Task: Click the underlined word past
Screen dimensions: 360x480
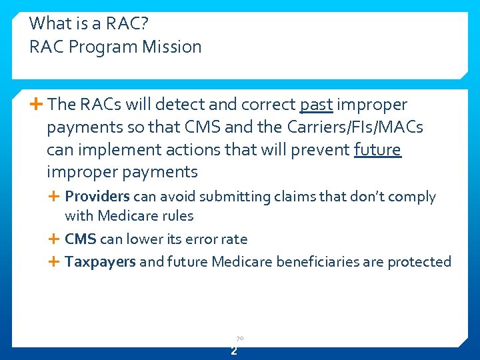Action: tap(317, 105)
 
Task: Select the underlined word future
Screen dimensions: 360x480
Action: tap(377, 149)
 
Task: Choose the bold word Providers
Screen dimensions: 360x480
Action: tap(97, 197)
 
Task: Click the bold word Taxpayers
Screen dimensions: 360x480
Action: tap(100, 262)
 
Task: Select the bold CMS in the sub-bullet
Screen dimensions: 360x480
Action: tap(81, 239)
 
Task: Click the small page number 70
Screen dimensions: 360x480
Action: tap(239, 339)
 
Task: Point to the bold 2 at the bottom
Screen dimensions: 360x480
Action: tap(234, 351)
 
